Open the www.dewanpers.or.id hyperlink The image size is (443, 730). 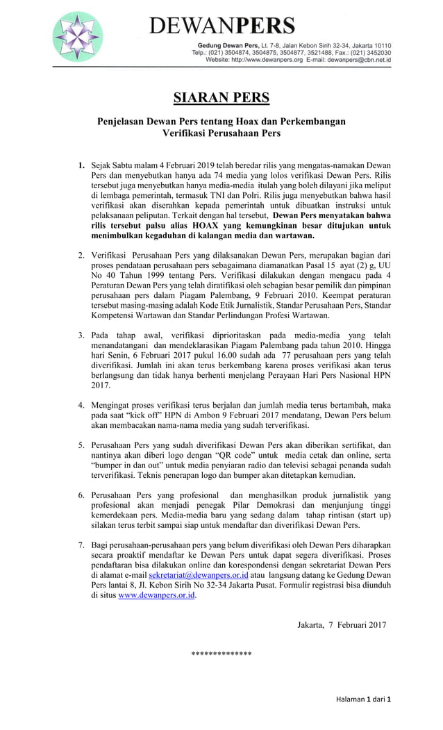(157, 595)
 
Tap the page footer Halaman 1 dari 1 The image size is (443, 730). (364, 698)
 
